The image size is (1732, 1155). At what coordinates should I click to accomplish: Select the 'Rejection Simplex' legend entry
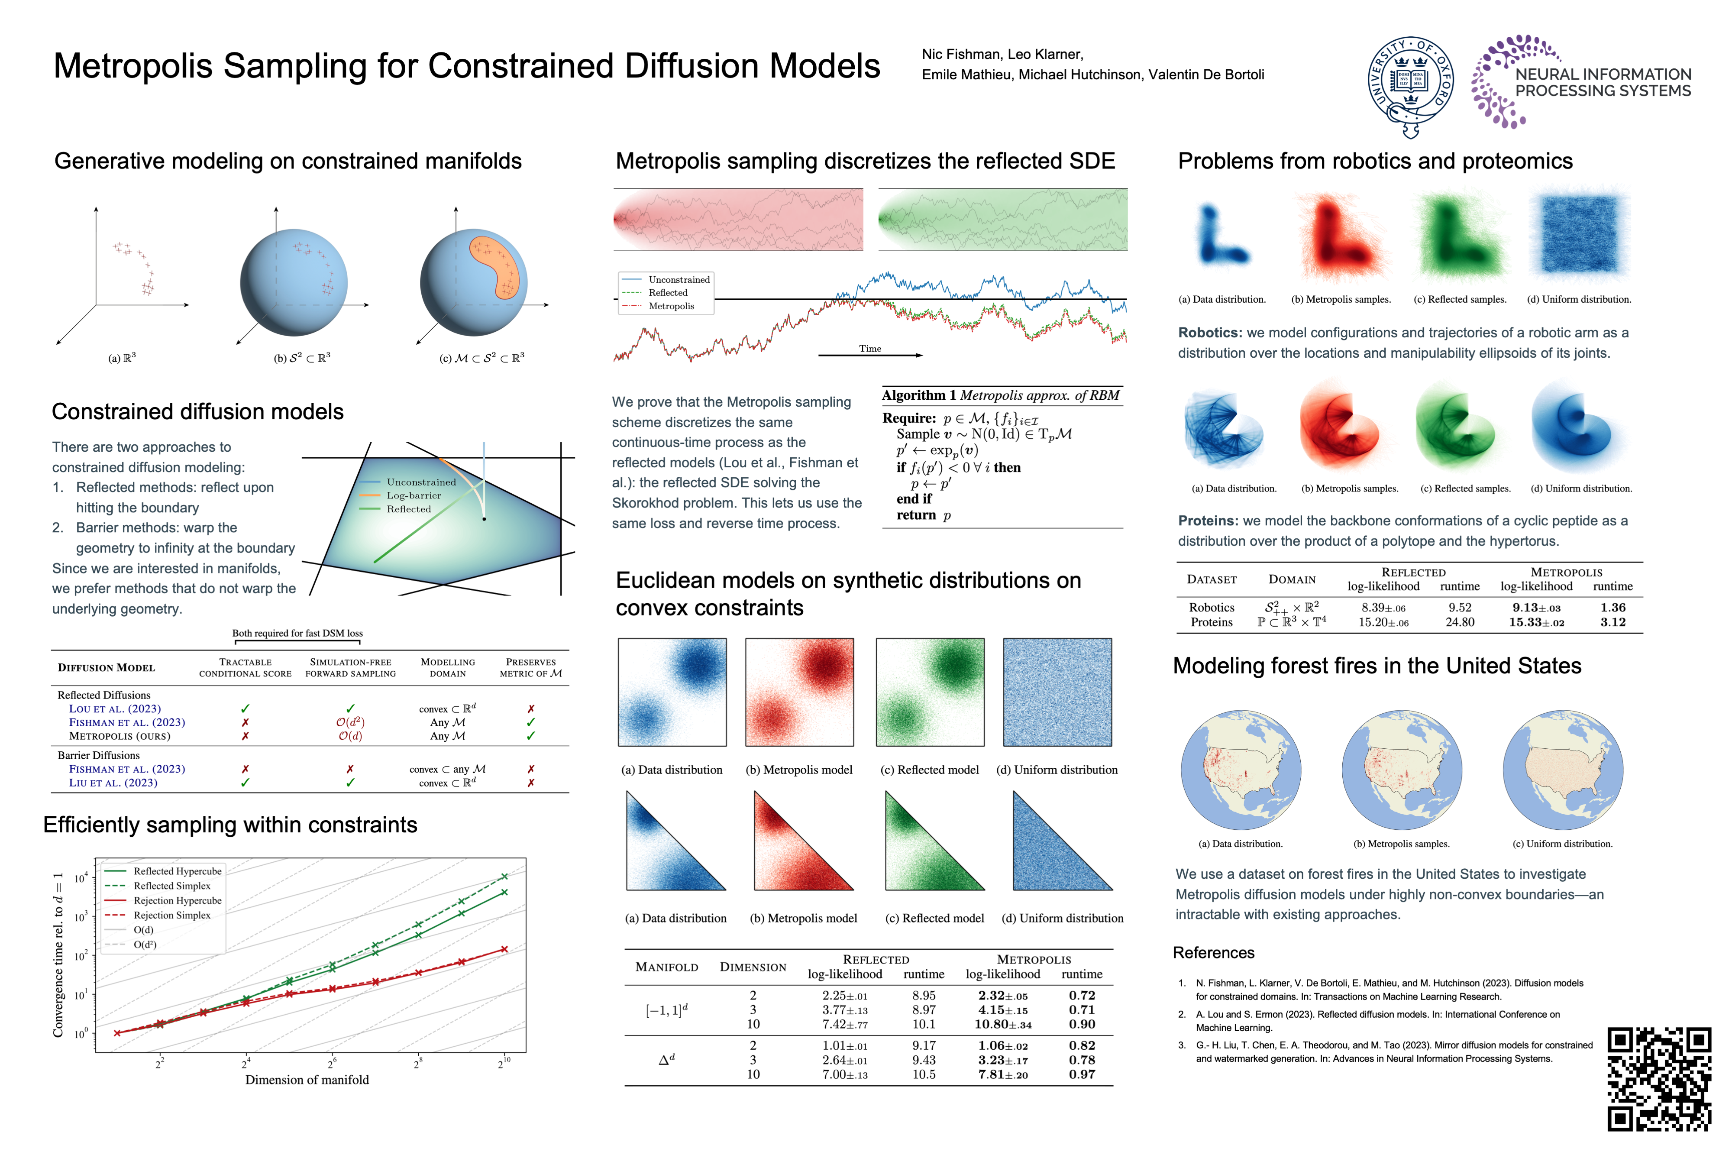coord(171,915)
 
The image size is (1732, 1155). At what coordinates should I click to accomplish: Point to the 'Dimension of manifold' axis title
coord(307,1080)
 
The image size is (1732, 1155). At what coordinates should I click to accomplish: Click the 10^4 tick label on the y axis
coord(80,878)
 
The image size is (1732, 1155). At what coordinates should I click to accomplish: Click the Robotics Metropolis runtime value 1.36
coord(1612,608)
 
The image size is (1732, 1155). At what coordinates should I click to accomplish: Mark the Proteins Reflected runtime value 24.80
coord(1460,622)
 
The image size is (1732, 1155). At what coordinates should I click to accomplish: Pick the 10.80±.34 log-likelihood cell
coord(1002,1025)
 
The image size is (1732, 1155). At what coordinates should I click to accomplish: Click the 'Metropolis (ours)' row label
coord(120,736)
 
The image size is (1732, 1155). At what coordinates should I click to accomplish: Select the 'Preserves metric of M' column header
coord(530,667)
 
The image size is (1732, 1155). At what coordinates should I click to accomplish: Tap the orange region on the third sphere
coord(495,265)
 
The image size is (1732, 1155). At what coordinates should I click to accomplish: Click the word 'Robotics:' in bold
coord(1209,333)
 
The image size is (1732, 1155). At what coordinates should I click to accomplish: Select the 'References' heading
coord(1214,953)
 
